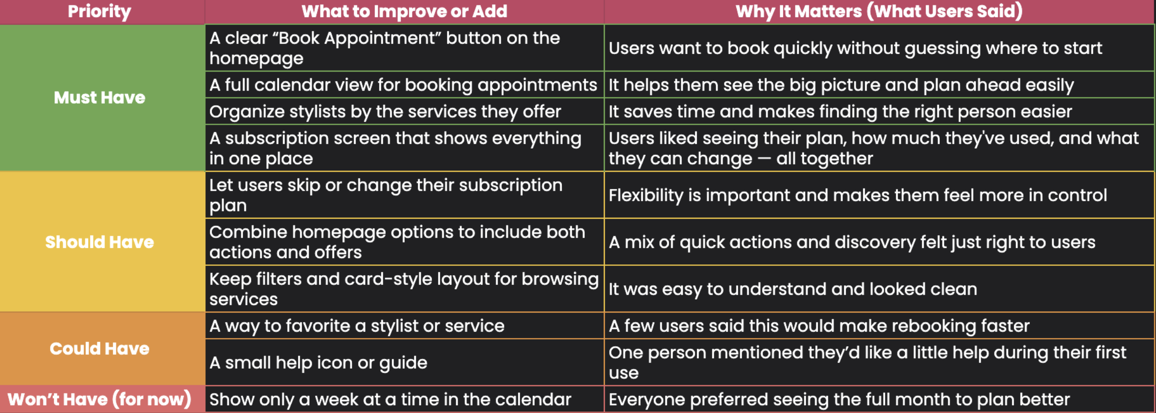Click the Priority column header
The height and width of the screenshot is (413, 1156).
pyautogui.click(x=99, y=11)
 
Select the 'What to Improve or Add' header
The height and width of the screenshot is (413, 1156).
pyautogui.click(x=404, y=11)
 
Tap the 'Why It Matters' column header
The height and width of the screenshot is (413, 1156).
pyautogui.click(x=879, y=11)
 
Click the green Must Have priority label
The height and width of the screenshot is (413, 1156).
pyautogui.click(x=99, y=97)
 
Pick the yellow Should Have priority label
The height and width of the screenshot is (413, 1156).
pyautogui.click(x=99, y=242)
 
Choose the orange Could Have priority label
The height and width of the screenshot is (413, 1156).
pyautogui.click(x=99, y=349)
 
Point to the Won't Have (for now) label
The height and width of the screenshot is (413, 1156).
pyautogui.click(x=99, y=399)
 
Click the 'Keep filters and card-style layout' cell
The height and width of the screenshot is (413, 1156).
pyautogui.click(x=404, y=289)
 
